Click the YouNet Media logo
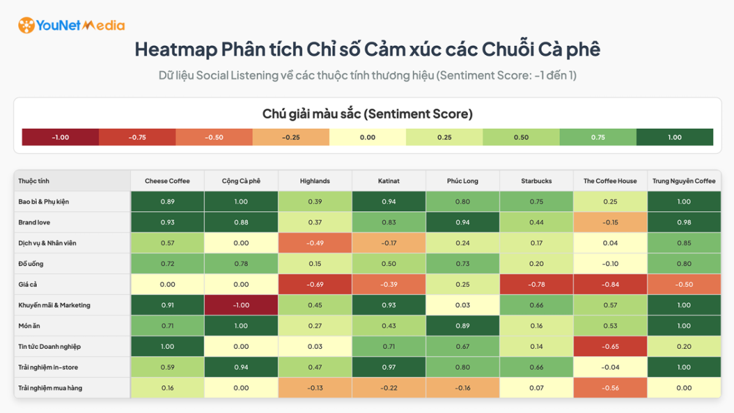coord(71,25)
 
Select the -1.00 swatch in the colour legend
coord(60,137)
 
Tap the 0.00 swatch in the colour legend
coord(368,137)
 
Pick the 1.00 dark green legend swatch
coord(675,137)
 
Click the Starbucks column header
coord(536,181)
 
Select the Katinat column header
coord(389,181)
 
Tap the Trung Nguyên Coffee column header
coord(684,181)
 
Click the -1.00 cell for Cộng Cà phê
coord(241,305)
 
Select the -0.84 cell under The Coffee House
coord(610,285)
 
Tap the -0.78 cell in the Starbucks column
coord(536,285)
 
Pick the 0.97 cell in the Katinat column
coord(389,368)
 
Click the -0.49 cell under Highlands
coord(315,243)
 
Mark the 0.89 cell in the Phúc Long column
coord(462,326)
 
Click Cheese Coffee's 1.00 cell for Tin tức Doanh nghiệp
coord(167,347)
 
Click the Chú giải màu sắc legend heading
coord(367,114)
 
